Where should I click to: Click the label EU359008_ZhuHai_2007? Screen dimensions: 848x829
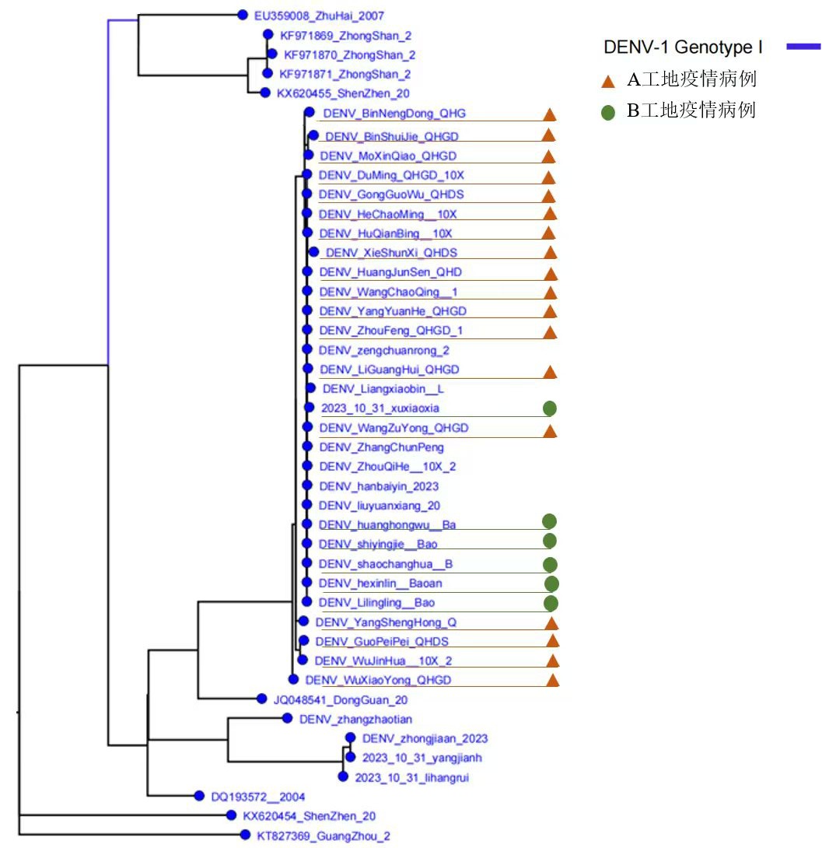coord(319,16)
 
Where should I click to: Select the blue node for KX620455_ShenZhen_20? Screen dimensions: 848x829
coord(264,93)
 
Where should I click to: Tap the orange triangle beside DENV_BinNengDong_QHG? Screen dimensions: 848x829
coord(548,114)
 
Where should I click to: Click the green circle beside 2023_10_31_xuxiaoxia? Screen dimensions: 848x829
coord(550,408)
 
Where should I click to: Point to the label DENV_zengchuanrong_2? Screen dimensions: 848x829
coord(384,350)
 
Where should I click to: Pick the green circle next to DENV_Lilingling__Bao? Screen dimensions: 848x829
coord(551,603)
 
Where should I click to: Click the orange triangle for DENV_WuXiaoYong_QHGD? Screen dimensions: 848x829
coord(553,681)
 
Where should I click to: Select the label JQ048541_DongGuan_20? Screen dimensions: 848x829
coord(340,700)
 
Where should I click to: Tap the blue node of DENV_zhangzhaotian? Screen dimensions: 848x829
coord(286,719)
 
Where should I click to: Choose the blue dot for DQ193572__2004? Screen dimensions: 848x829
coord(199,797)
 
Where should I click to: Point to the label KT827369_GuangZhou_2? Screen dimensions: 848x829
coord(324,836)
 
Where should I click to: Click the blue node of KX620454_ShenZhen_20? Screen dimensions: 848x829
coord(231,815)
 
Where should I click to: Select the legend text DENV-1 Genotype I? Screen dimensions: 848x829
coord(683,47)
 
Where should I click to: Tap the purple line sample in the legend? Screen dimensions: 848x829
coord(803,47)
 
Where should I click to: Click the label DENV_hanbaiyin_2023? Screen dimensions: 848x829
coord(379,486)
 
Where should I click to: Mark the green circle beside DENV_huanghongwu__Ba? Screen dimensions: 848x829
coord(549,521)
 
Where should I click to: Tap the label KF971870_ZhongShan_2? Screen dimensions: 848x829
coord(349,55)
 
